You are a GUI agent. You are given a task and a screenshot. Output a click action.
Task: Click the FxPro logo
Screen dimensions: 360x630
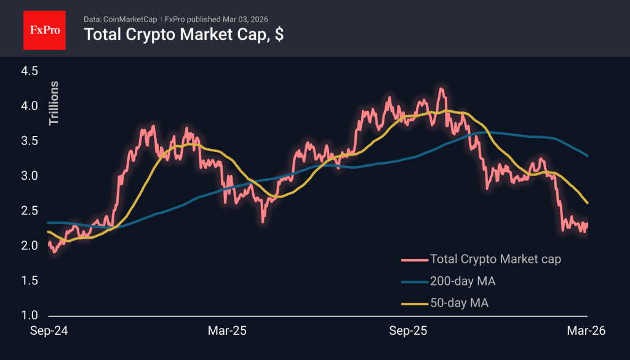click(x=44, y=30)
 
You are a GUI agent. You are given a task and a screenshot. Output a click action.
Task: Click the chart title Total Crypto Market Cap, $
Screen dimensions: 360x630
click(x=183, y=34)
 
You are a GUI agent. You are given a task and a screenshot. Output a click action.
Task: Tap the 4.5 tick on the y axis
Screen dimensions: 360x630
click(x=29, y=71)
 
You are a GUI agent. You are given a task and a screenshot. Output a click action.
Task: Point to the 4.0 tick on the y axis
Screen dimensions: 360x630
click(x=29, y=106)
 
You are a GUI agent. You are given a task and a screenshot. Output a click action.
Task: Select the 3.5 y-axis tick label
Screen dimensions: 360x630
click(x=29, y=142)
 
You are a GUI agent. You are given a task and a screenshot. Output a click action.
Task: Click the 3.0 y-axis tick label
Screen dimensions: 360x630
click(x=29, y=177)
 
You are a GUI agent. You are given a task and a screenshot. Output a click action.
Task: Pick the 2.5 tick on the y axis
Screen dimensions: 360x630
click(x=29, y=211)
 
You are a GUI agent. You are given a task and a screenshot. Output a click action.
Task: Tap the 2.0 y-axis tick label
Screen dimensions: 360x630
click(x=29, y=246)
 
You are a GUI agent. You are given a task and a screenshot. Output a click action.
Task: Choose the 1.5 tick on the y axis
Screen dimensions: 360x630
click(x=29, y=281)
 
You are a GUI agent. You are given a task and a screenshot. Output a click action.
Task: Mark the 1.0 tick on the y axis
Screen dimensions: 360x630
click(x=29, y=316)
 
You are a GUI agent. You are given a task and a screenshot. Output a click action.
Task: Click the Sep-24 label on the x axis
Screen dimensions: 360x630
click(x=50, y=331)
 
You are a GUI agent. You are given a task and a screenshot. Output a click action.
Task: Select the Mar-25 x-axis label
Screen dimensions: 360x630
click(x=227, y=331)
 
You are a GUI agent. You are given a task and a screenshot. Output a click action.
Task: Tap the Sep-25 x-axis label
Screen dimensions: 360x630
click(x=409, y=331)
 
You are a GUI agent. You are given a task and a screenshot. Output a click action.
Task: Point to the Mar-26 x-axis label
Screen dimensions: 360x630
click(x=586, y=331)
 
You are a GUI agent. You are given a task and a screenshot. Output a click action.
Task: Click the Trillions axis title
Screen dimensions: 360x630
click(x=54, y=103)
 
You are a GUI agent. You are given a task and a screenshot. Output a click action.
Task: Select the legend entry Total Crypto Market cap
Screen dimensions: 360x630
click(x=495, y=259)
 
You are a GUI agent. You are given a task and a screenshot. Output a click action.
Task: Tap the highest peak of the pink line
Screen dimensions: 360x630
click(x=440, y=89)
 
